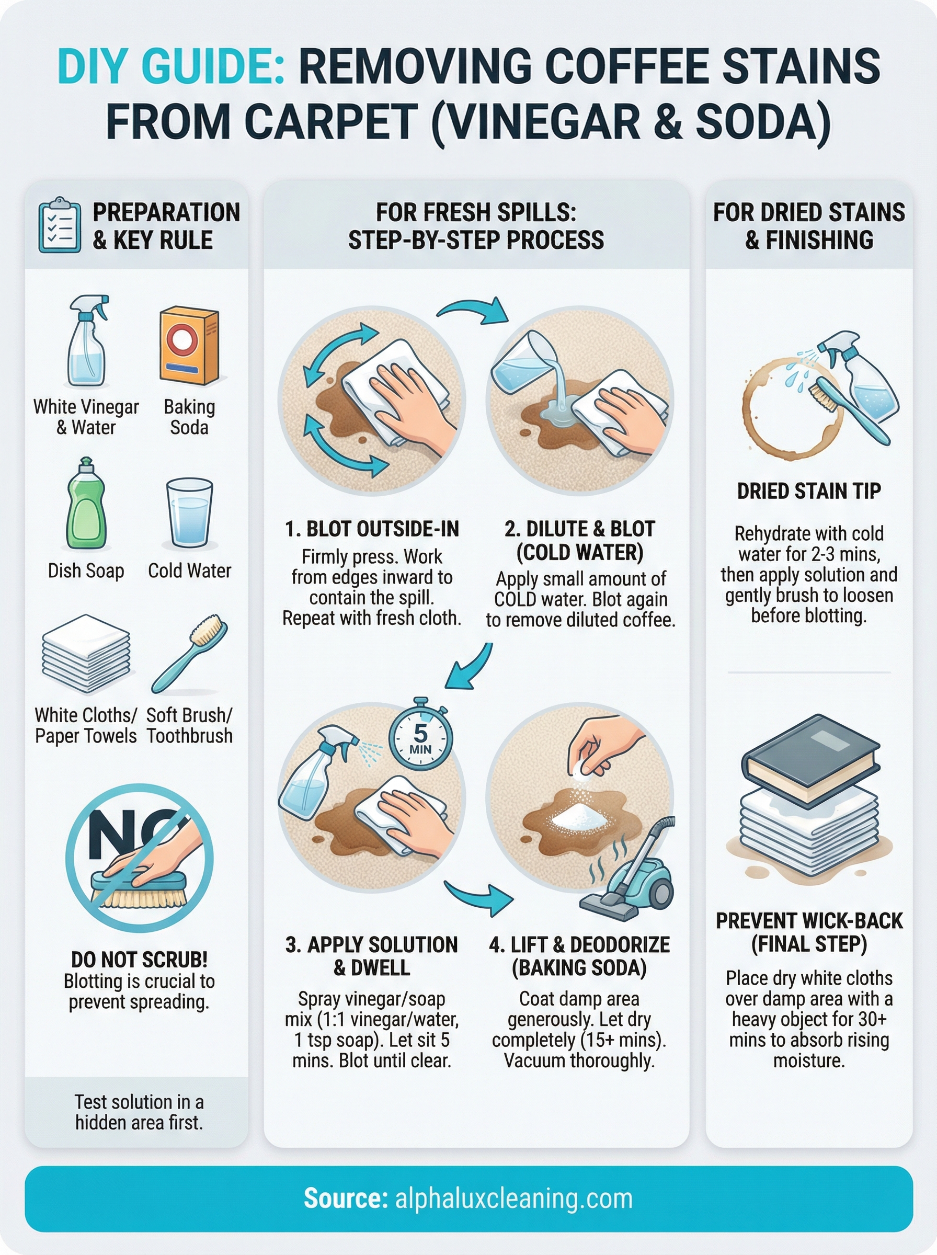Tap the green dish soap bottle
click(x=87, y=506)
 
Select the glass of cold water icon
click(x=189, y=513)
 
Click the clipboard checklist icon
click(x=59, y=225)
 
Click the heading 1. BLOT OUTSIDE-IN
click(x=372, y=529)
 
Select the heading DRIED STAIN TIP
click(x=808, y=490)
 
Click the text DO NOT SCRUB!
click(x=139, y=960)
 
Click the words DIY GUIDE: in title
click(x=170, y=66)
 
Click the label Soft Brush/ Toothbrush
click(x=189, y=725)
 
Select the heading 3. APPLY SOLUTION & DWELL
click(x=372, y=955)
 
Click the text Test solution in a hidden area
click(x=139, y=1112)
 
